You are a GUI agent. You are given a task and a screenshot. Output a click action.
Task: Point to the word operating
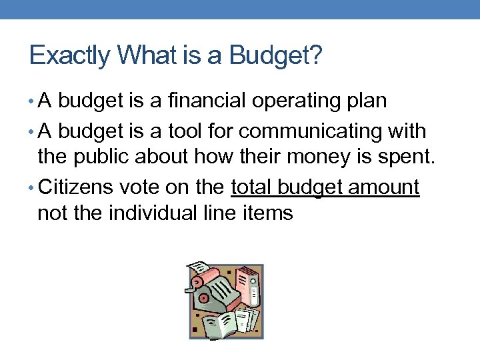click(x=299, y=102)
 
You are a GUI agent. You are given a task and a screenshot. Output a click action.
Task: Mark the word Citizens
click(x=76, y=187)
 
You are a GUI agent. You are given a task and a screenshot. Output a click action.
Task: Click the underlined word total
click(x=251, y=187)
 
